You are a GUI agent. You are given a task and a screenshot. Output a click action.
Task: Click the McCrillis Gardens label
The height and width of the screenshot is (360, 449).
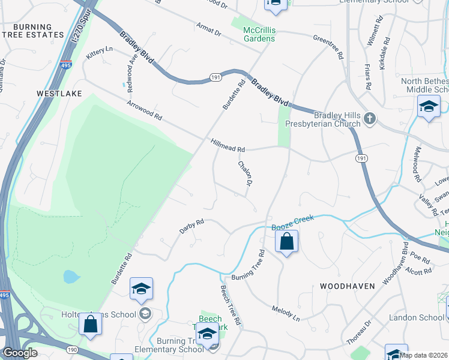tap(259, 34)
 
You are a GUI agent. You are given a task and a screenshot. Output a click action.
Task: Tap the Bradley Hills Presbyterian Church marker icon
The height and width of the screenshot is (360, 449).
tap(370, 118)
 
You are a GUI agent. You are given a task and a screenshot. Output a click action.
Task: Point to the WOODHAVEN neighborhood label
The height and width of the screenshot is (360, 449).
tap(348, 286)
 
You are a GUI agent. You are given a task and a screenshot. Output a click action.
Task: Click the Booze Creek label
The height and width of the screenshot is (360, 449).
tap(293, 221)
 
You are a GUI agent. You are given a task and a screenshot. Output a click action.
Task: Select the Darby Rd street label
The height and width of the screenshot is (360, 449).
tap(192, 226)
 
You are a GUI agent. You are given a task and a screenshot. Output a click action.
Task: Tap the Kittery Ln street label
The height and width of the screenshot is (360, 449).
tap(100, 53)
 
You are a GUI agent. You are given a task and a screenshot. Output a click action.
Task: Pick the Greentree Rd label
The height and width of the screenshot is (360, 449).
tap(328, 46)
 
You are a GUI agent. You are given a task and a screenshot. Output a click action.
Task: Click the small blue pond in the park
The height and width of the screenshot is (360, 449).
tap(71, 277)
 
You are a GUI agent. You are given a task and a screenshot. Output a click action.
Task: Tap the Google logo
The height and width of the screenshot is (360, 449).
tap(20, 353)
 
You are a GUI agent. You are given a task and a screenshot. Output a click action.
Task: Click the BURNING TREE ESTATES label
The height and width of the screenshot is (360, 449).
tap(37, 31)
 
